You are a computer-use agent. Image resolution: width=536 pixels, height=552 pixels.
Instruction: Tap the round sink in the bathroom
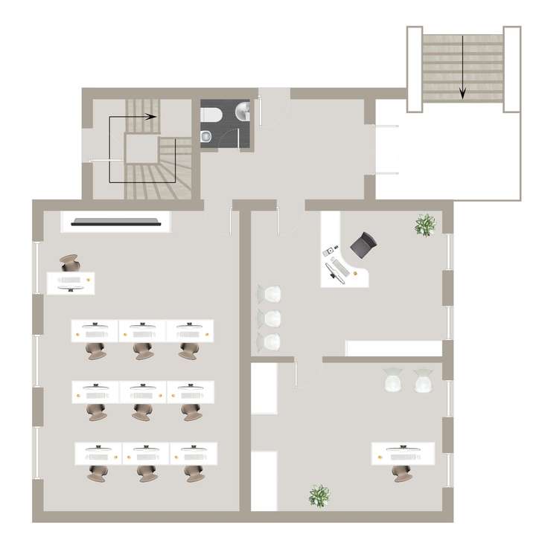pyautogui.click(x=243, y=112)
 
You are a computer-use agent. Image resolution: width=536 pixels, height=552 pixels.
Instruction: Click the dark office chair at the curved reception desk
pyautogui.click(x=365, y=243)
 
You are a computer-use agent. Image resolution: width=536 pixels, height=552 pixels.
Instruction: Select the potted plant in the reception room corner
pyautogui.click(x=425, y=224)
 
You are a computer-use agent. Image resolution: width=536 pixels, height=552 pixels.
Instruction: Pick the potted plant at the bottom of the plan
pyautogui.click(x=319, y=495)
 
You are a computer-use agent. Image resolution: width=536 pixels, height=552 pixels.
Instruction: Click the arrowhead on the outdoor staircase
pyautogui.click(x=462, y=94)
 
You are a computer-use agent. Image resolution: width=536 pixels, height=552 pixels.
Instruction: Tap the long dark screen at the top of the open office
pyautogui.click(x=118, y=220)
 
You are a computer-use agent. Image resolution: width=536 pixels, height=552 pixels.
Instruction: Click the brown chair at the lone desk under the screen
pyautogui.click(x=69, y=263)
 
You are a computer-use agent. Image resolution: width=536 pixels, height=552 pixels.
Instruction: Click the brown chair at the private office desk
pyautogui.click(x=402, y=472)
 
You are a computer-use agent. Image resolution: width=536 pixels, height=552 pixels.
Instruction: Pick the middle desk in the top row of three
pyautogui.click(x=142, y=330)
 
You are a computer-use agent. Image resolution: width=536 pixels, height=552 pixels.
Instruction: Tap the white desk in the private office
pyautogui.click(x=403, y=452)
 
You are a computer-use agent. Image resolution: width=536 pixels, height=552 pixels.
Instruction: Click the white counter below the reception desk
pyautogui.click(x=395, y=348)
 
